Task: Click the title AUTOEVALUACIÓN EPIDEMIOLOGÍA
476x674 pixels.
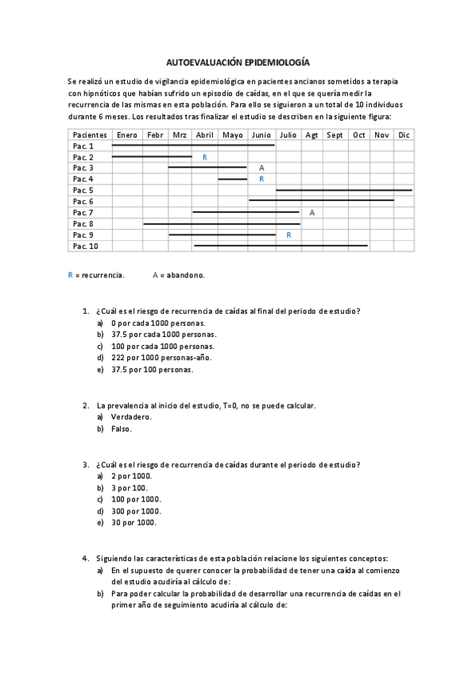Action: (x=238, y=61)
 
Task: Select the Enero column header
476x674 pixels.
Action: (x=127, y=135)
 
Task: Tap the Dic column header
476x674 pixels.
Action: (x=404, y=135)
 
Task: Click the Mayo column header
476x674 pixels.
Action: (x=233, y=135)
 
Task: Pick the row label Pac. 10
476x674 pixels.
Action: (x=86, y=246)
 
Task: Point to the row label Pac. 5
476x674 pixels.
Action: (x=83, y=191)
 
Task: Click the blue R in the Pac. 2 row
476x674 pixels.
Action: (x=205, y=157)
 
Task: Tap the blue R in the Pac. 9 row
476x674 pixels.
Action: (x=288, y=235)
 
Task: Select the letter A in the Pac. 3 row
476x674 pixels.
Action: (x=261, y=168)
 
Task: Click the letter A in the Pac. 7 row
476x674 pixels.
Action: (x=312, y=213)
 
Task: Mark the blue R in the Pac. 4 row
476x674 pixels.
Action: (x=261, y=180)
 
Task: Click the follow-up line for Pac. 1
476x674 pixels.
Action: (x=193, y=145)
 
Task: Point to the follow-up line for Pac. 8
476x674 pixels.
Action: (x=221, y=224)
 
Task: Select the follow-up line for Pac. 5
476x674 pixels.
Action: (x=343, y=190)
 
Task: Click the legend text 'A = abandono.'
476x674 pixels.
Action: (x=179, y=275)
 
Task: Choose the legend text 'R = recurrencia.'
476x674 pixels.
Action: (x=96, y=275)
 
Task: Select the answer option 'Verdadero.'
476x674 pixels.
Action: (x=131, y=417)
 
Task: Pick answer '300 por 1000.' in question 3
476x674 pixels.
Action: (x=136, y=511)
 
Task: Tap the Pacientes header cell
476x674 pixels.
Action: (x=89, y=135)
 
